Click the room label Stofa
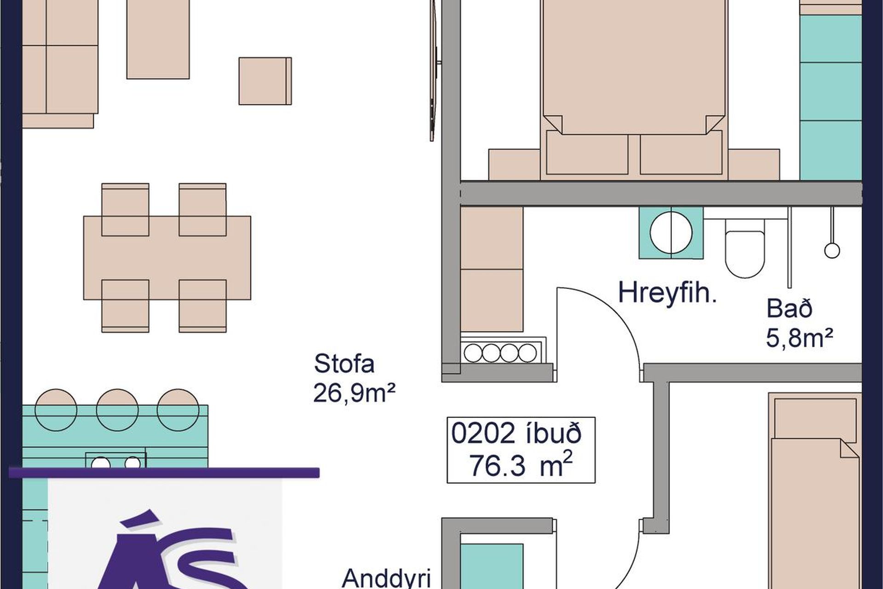click(344, 364)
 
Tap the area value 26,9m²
click(354, 393)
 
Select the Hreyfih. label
click(667, 293)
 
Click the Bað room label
click(789, 308)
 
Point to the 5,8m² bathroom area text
click(799, 338)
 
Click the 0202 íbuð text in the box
click(516, 433)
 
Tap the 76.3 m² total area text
click(520, 465)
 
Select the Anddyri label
click(387, 578)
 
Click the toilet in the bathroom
click(745, 248)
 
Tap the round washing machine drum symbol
click(671, 233)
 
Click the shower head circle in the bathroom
click(832, 251)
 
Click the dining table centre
click(167, 258)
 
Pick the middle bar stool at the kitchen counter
click(117, 410)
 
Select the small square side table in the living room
click(265, 81)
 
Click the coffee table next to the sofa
click(158, 39)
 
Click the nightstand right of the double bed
click(754, 164)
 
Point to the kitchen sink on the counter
click(115, 461)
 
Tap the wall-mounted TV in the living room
click(434, 69)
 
